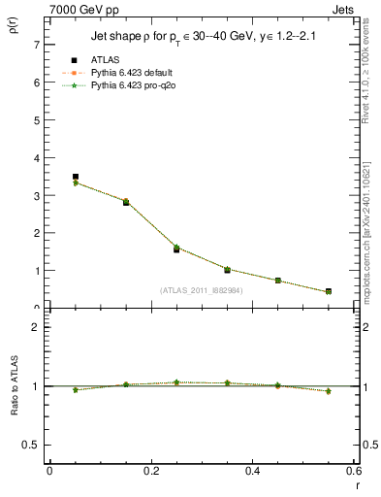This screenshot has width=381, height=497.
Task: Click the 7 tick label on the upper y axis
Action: tap(36, 46)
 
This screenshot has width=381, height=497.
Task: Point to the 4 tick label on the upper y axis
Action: tap(36, 158)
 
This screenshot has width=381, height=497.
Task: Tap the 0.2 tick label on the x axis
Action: tap(150, 471)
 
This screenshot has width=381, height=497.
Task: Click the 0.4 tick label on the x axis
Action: tap(253, 471)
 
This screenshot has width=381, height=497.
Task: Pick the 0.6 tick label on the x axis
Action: tap(353, 471)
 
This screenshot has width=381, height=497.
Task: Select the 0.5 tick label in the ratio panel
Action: tap(31, 445)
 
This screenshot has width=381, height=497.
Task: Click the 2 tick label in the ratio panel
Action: tap(36, 327)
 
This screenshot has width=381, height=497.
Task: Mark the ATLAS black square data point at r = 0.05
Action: tap(76, 178)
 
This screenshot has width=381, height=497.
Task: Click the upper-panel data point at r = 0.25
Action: tap(176, 249)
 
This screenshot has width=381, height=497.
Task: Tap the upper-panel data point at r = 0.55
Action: tap(329, 291)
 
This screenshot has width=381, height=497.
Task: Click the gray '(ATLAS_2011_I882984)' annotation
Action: tap(202, 290)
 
